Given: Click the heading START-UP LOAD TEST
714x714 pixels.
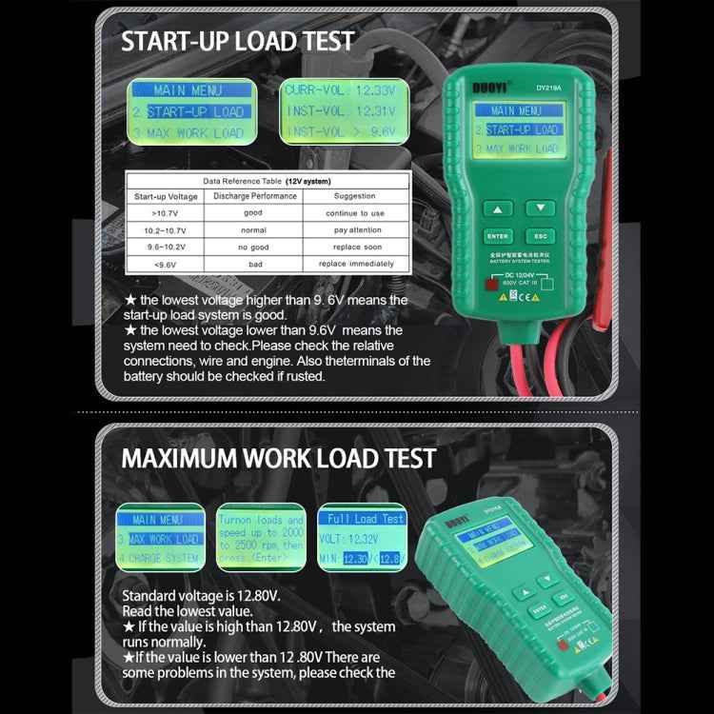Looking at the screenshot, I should tap(238, 41).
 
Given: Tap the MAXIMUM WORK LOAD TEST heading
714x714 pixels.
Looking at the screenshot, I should tap(279, 458).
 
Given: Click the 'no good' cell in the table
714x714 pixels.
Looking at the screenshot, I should tap(252, 247).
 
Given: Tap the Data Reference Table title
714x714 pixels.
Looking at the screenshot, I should tap(268, 180).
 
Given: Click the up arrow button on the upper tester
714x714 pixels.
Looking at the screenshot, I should tap(497, 208).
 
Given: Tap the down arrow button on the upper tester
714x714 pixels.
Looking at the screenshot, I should tap(540, 208).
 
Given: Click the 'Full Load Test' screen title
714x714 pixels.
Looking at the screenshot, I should tap(367, 520).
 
